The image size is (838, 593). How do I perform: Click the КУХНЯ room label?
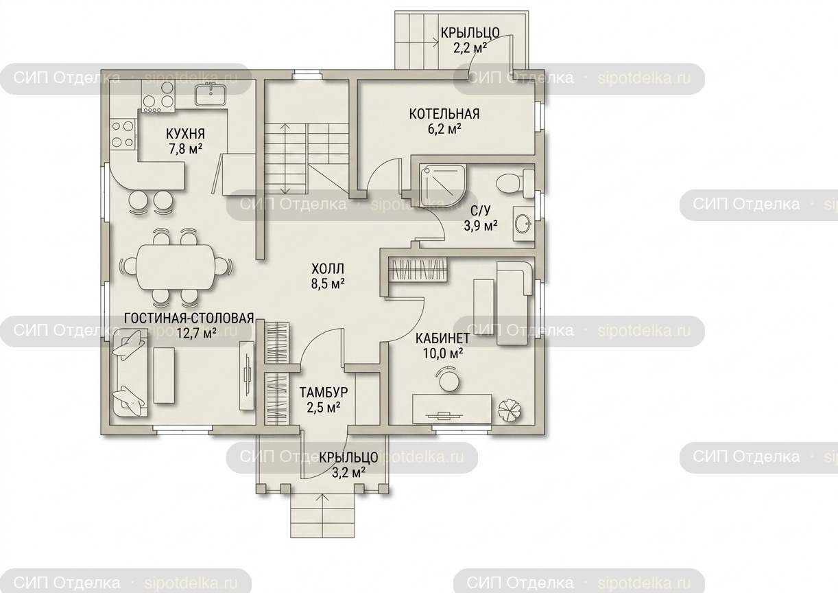[x=185, y=134]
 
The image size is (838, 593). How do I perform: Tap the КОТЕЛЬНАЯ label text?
[x=444, y=114]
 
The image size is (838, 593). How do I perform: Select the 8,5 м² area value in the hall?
[x=328, y=283]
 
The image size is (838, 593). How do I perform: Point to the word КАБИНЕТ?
[x=442, y=338]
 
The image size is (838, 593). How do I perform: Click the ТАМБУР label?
[x=324, y=392]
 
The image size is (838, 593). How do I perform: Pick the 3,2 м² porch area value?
[x=348, y=472]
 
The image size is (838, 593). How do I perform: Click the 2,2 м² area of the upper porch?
[x=470, y=48]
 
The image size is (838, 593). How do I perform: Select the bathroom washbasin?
[x=523, y=224]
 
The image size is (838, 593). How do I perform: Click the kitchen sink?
[x=211, y=95]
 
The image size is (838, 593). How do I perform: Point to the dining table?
[x=176, y=266]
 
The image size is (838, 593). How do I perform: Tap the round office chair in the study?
[x=448, y=380]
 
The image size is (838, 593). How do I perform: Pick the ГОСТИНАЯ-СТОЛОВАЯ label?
[x=189, y=318]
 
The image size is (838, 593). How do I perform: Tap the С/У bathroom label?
[x=480, y=211]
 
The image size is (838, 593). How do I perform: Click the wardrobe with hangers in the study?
[x=418, y=270]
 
